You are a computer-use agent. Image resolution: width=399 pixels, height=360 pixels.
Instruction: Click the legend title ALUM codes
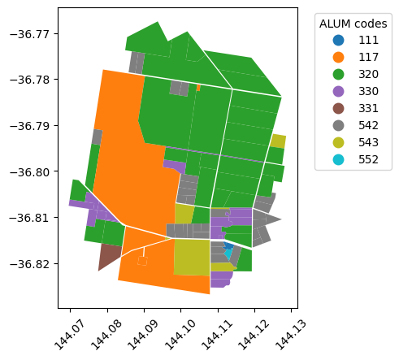point(353,24)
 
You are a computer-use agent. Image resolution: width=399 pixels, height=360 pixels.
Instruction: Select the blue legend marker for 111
point(338,40)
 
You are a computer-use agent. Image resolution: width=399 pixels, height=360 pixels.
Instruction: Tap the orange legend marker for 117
point(338,57)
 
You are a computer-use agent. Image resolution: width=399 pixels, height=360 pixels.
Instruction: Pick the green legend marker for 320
point(338,74)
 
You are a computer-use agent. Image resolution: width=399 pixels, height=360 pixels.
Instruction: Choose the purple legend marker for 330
point(338,91)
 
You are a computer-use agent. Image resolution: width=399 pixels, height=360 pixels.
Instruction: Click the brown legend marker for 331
point(338,108)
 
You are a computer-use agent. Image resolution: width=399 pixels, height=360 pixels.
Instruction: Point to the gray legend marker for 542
point(338,125)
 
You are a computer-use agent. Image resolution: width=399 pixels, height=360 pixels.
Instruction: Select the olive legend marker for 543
point(338,142)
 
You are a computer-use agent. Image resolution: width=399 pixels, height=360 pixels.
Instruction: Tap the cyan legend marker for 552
point(338,159)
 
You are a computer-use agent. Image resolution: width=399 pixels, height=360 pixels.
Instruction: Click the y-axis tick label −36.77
point(30,34)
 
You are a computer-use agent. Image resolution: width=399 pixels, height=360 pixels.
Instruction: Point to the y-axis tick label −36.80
point(30,171)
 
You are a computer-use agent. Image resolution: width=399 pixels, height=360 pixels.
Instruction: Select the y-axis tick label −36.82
point(30,264)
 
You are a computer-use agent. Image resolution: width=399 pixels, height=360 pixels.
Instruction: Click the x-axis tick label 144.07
point(69,335)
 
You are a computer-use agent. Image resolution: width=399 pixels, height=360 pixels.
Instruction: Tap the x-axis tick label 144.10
point(180,335)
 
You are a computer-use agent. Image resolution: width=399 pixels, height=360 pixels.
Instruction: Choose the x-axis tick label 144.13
point(290,335)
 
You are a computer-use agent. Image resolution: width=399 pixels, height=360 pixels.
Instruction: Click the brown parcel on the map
point(108,255)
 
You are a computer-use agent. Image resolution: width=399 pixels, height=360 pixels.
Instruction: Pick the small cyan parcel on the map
point(228,254)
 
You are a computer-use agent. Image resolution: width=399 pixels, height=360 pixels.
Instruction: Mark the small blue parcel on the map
point(229,245)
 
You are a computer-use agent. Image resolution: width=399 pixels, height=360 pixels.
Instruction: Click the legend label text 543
point(368,142)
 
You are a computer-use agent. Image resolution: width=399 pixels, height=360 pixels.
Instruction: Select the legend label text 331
point(368,108)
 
